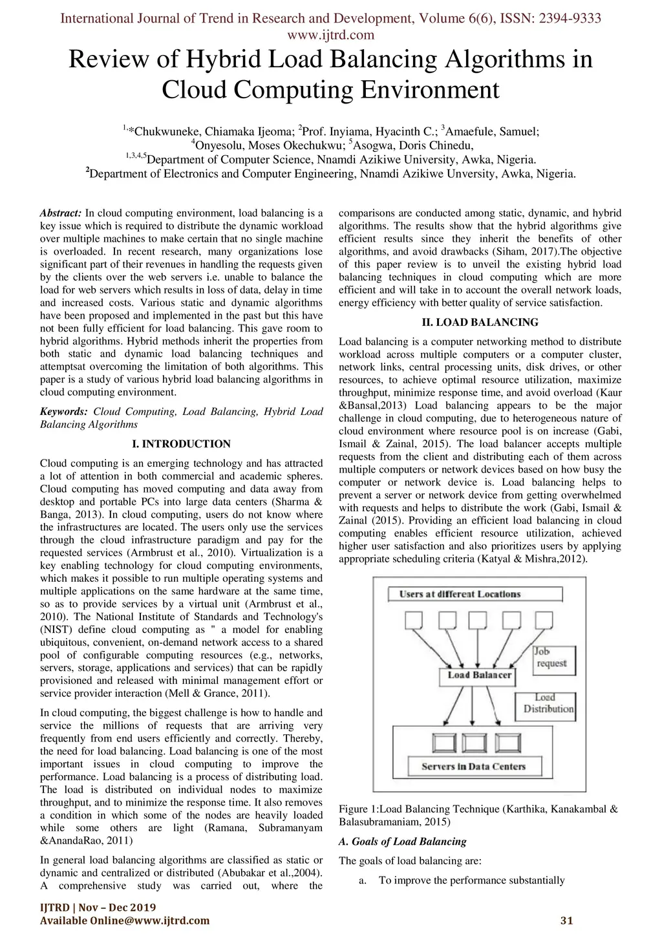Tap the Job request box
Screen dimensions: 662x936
coord(554,661)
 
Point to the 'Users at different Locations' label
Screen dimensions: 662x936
coord(475,594)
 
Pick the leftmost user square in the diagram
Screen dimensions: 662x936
coord(414,620)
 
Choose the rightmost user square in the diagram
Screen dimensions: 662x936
coord(544,620)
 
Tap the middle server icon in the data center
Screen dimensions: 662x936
coord(475,743)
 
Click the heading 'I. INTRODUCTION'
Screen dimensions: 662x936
coord(182,444)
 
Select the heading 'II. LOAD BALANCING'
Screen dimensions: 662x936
coord(480,322)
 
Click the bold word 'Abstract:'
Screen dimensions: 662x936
coord(61,213)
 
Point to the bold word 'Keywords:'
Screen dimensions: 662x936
coord(64,412)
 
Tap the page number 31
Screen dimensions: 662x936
coord(567,920)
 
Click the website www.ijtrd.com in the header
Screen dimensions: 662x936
coord(331,35)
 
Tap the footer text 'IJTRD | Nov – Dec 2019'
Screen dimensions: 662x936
coord(98,907)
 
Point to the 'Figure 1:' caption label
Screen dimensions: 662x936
coord(358,809)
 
